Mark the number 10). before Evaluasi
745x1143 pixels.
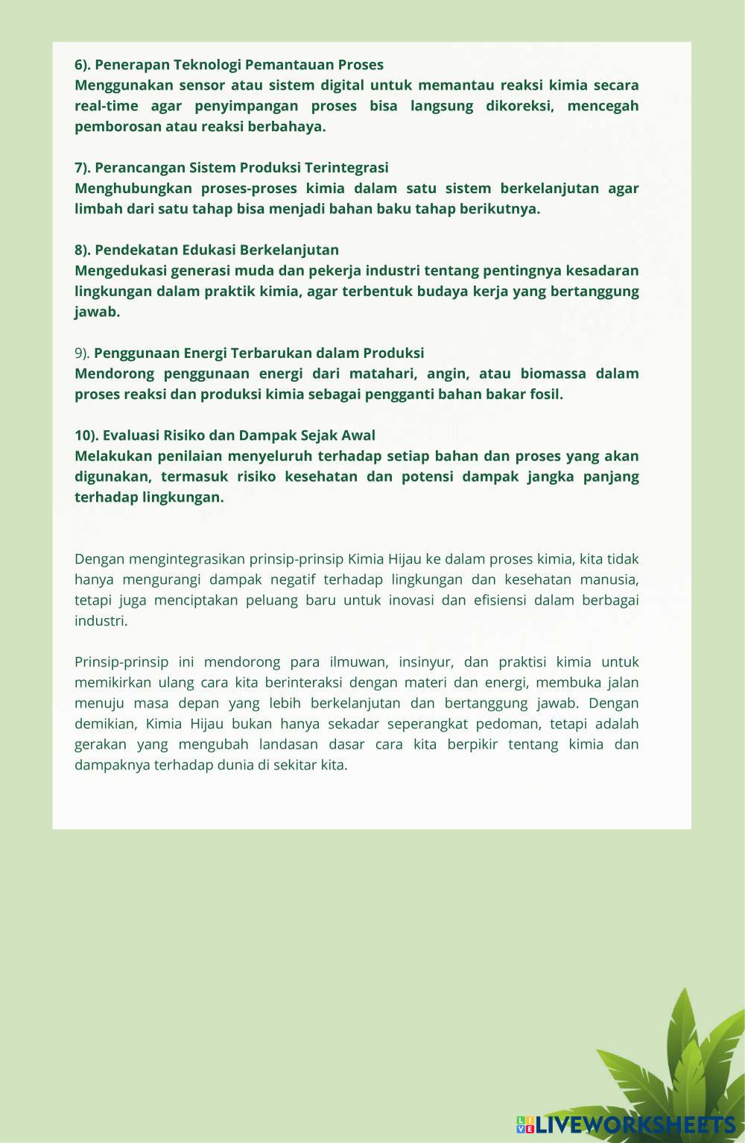pos(86,435)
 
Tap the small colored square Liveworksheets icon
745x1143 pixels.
pos(524,1124)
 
